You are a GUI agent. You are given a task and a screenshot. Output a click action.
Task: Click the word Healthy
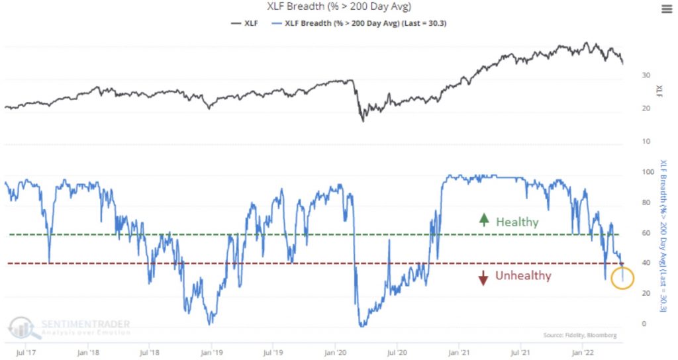(517, 222)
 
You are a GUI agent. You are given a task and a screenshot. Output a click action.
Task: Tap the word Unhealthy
(523, 275)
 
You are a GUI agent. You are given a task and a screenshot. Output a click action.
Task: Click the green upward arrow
(484, 222)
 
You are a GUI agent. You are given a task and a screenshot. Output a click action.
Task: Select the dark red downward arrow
(483, 278)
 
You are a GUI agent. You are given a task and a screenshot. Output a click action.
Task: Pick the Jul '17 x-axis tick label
(26, 352)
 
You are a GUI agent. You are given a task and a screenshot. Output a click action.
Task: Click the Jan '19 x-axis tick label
(211, 352)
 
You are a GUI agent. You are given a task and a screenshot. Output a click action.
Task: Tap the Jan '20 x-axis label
(335, 352)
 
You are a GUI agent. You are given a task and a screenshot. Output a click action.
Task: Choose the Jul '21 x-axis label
(520, 352)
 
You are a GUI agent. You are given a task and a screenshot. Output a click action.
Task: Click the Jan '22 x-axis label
(582, 352)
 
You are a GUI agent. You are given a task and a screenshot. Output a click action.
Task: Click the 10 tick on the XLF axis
(637, 142)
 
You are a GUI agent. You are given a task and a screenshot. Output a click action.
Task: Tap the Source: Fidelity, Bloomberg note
(579, 336)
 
